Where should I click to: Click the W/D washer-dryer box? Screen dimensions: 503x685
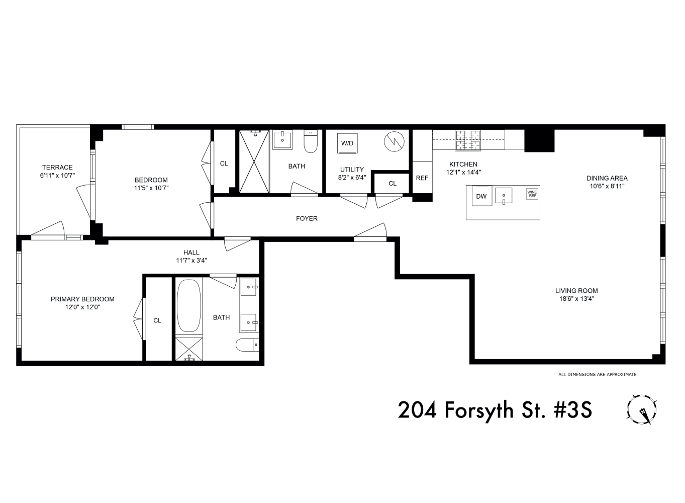tap(347, 143)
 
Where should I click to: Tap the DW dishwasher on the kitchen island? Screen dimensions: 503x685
tap(481, 196)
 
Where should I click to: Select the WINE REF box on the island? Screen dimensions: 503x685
tap(532, 194)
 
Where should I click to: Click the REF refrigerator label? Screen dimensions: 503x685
tap(422, 178)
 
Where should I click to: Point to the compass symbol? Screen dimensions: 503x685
tap(642, 409)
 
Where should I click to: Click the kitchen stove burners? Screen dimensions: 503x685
tap(467, 140)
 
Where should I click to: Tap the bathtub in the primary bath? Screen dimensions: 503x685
tap(188, 305)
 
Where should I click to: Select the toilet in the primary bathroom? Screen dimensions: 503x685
tap(247, 345)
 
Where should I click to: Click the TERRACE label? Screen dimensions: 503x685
tap(57, 167)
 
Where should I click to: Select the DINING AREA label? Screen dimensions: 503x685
tap(607, 178)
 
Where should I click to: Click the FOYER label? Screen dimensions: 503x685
tap(307, 218)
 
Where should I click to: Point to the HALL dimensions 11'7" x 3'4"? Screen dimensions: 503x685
tap(191, 261)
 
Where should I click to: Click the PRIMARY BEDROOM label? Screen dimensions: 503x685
tap(82, 299)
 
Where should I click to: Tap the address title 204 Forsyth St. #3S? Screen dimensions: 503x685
tap(495, 410)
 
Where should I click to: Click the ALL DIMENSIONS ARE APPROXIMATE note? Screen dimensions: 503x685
tap(597, 374)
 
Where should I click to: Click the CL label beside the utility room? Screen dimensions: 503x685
tap(393, 184)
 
